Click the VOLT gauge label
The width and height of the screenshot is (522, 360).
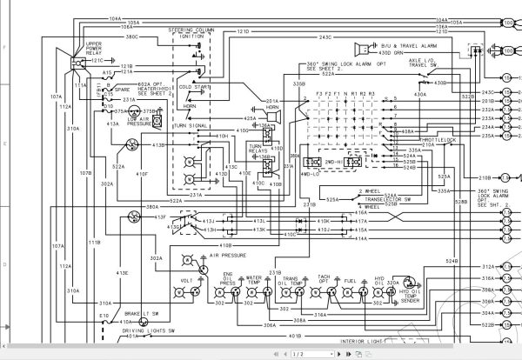click(184, 281)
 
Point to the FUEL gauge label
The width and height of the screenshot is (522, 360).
click(350, 281)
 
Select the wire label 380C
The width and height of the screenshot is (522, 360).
click(131, 37)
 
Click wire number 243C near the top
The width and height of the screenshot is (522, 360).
click(325, 37)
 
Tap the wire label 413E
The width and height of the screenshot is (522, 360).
click(123, 272)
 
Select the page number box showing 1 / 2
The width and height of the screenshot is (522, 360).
click(296, 354)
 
